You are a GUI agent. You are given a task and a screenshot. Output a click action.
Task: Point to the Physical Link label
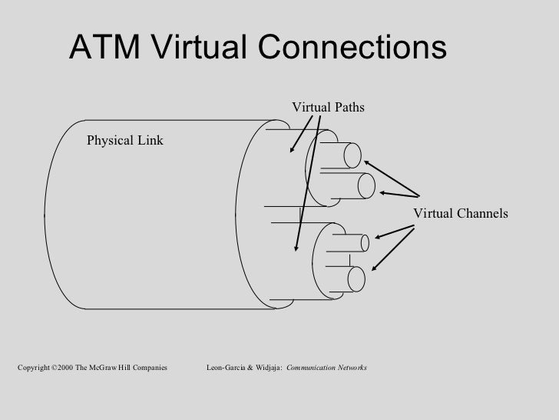point(124,141)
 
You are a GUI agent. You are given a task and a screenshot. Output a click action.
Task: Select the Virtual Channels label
point(461,213)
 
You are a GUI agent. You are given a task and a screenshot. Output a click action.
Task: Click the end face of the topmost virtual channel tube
point(353,156)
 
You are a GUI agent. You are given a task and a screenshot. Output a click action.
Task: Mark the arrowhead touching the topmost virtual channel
point(367,162)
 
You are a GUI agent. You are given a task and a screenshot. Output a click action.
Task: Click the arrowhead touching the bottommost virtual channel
point(374,267)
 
